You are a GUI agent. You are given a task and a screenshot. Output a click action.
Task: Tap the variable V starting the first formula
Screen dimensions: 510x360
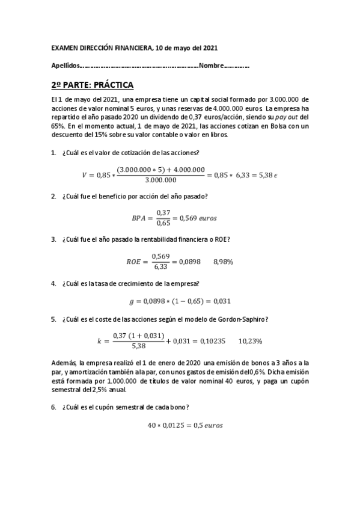84,176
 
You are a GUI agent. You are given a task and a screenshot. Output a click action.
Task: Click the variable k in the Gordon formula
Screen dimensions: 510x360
99,341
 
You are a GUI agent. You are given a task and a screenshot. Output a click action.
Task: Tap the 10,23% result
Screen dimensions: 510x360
251,341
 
